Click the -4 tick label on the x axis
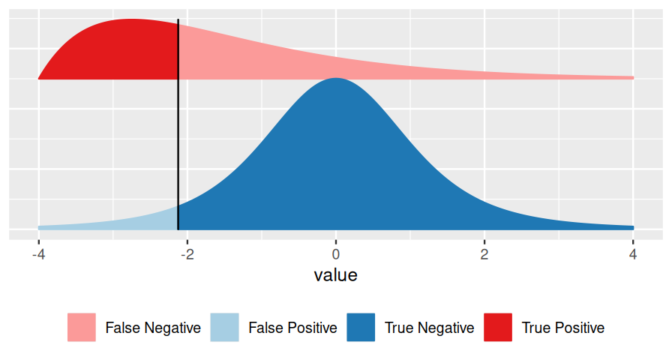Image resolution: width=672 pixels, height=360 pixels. tap(38, 254)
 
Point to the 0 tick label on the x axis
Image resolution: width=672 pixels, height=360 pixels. tap(336, 254)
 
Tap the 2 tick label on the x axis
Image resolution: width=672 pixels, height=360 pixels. tap(484, 254)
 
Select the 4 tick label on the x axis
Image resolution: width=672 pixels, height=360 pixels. tap(633, 254)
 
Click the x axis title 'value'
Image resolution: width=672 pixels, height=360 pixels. tap(335, 275)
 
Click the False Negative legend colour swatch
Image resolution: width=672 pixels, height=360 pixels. tap(82, 328)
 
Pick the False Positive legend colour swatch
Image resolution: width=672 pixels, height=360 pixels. tap(224, 328)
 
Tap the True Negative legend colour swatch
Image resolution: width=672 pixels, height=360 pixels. tap(361, 328)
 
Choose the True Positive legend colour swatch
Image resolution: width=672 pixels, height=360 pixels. tap(498, 328)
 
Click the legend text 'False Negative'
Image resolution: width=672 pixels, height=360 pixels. tap(153, 328)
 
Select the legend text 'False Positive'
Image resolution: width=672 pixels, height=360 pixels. tap(292, 328)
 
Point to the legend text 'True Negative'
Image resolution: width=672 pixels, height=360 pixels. tap(429, 328)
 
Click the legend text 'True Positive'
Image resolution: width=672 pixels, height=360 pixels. tap(563, 328)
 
